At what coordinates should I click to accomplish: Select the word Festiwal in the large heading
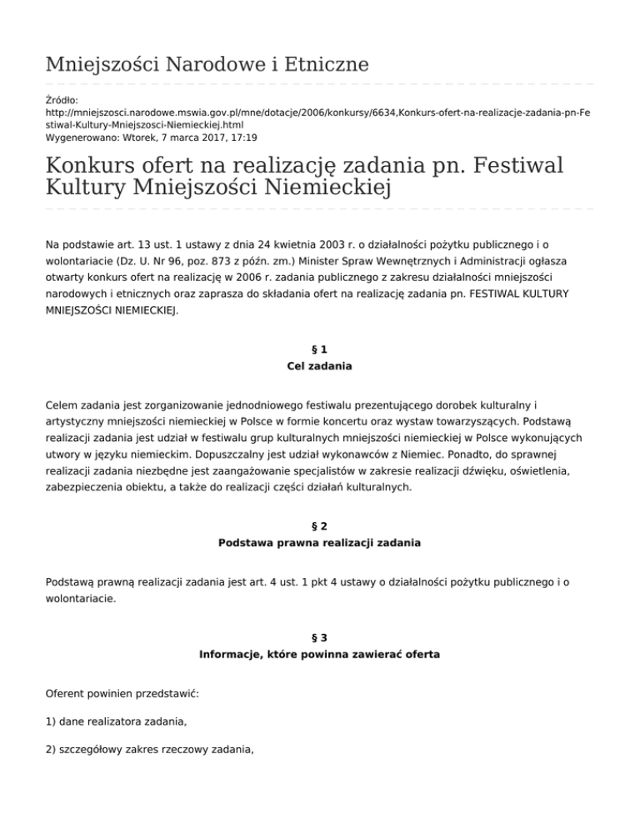coord(502,163)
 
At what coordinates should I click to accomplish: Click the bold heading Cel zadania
coord(320,366)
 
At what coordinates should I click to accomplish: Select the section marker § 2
coord(320,527)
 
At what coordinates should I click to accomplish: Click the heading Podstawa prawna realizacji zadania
coord(320,542)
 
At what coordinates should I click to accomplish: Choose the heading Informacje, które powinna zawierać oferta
coord(320,655)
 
